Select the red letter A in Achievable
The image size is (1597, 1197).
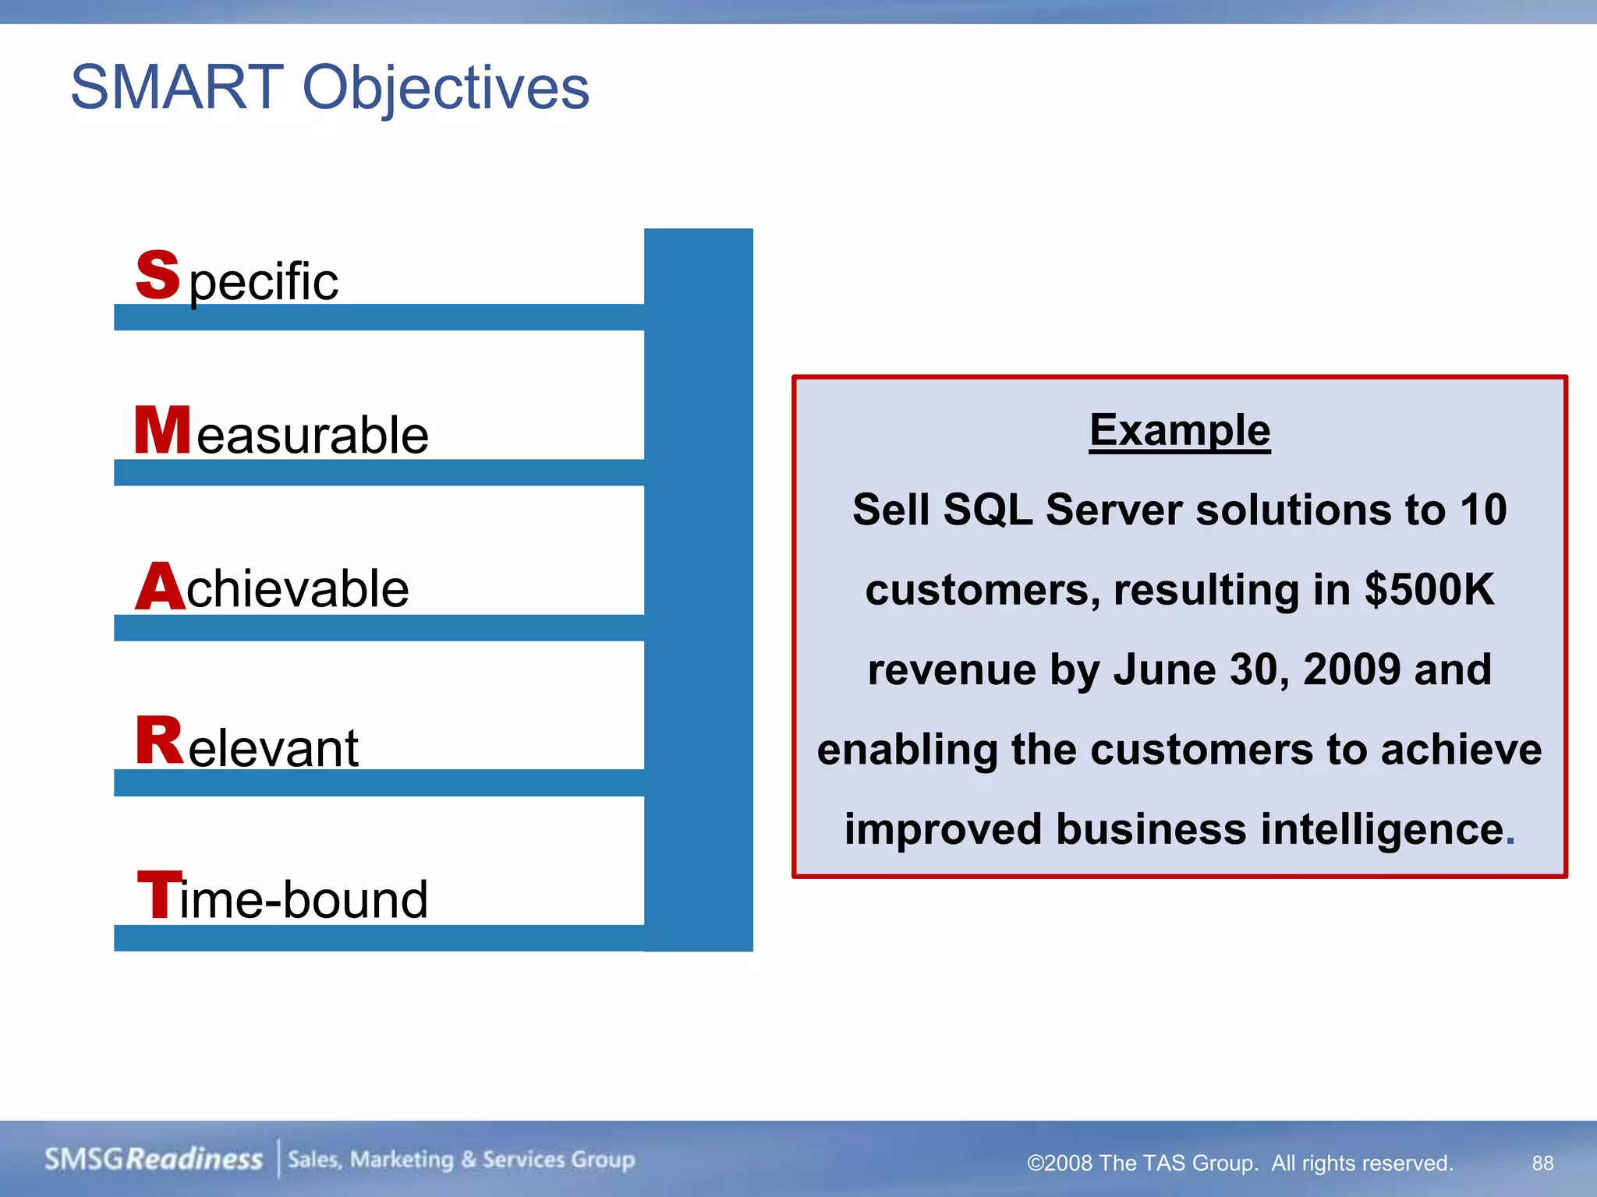161,586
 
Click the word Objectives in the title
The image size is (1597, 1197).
445,87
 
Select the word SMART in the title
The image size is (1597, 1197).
177,87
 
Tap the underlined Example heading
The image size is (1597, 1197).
1179,430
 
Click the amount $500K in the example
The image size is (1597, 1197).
1429,589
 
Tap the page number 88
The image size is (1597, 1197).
1542,1163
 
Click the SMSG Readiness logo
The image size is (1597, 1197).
153,1159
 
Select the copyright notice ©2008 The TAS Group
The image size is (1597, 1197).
1142,1163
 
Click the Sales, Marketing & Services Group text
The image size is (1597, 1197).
461,1160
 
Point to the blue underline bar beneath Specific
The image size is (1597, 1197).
379,317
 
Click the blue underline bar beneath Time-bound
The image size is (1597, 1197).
379,938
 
